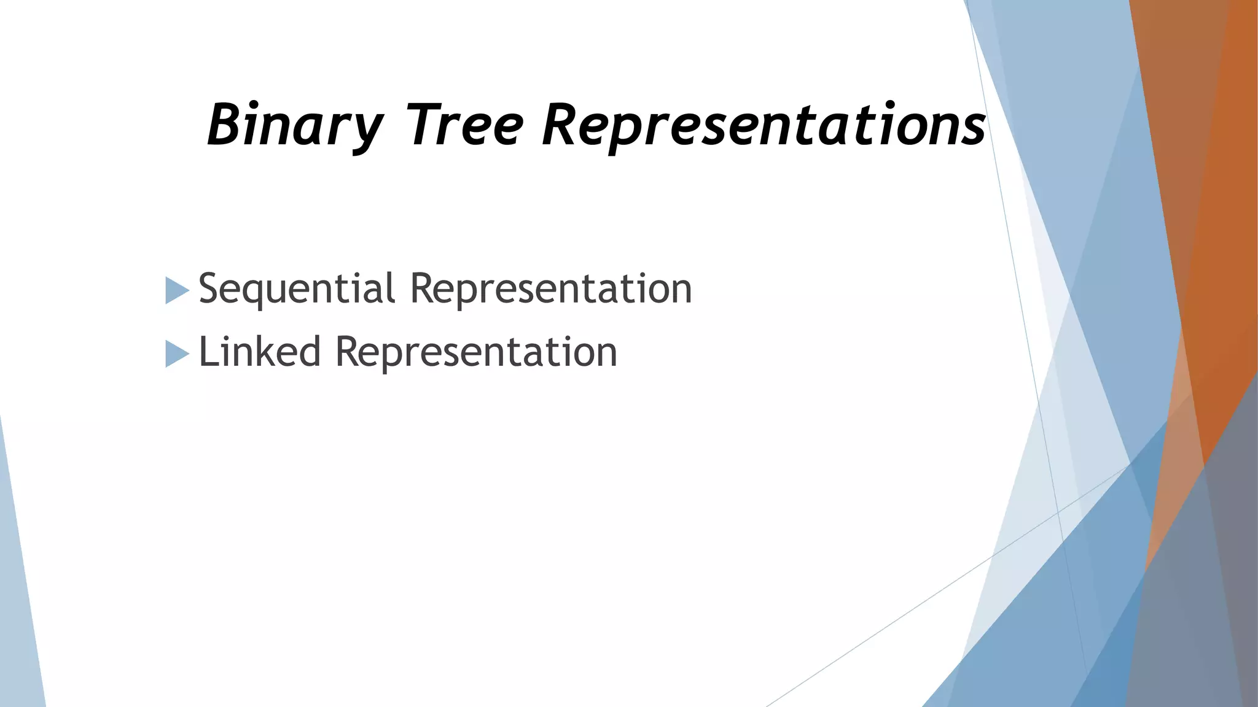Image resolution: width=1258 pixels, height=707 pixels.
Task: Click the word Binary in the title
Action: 295,125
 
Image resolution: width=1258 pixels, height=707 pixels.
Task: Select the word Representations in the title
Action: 764,125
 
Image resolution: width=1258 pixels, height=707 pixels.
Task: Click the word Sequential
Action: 297,288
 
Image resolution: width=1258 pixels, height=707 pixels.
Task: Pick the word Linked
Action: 260,352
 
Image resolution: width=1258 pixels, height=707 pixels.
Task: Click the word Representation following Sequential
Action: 550,288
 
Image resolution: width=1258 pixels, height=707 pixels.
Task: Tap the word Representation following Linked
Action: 476,352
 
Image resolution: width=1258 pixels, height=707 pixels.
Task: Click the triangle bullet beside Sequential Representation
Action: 176,290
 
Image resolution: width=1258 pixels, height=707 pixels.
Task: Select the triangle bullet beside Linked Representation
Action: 176,354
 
